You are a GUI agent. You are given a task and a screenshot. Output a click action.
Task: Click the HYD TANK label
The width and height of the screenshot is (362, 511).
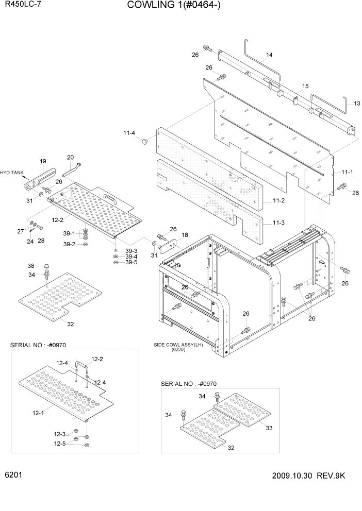pos(11,173)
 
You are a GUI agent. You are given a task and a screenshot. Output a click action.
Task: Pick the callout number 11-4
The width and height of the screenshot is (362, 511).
pos(129,133)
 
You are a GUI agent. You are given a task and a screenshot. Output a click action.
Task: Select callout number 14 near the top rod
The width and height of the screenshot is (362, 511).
pos(269,55)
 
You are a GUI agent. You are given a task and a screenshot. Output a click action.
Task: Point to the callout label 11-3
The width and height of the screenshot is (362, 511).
pos(278,223)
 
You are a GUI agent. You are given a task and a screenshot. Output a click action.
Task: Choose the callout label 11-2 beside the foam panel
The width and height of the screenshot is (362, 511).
pos(278,200)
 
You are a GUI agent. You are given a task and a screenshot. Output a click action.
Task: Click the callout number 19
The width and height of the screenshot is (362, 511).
pos(43,161)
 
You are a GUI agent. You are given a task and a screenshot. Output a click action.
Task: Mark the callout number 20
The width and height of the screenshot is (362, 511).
pos(70,157)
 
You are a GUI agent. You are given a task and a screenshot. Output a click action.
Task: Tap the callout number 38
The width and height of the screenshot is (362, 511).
pos(30,265)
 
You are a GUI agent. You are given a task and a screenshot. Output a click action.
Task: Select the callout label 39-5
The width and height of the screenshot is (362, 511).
pos(131,262)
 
